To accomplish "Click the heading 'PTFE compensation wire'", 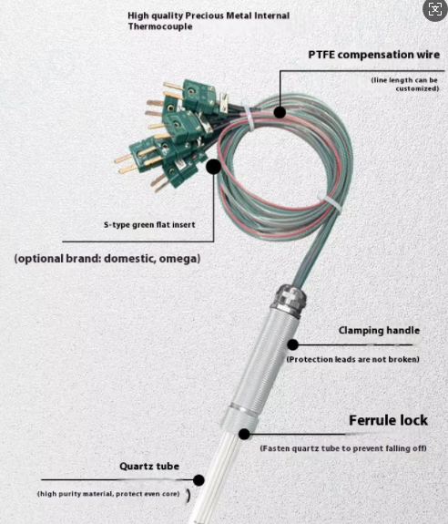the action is click(x=374, y=55).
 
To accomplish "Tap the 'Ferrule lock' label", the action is click(x=388, y=420).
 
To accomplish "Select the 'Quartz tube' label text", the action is click(x=149, y=467).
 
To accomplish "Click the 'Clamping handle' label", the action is click(x=379, y=330).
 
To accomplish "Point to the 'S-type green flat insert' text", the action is click(x=149, y=224).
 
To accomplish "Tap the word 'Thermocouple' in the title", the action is click(x=160, y=26).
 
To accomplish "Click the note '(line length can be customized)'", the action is click(x=405, y=84).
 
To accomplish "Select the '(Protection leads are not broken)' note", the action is click(x=353, y=359).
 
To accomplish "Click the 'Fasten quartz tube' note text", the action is click(x=343, y=448).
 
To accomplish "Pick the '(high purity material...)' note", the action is click(x=108, y=494).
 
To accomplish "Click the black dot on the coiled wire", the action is click(x=280, y=112).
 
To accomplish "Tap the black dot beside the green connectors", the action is click(x=213, y=167).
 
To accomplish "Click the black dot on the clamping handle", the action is click(x=293, y=344).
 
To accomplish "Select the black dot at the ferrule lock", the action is click(x=244, y=434).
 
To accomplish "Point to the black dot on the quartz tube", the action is click(x=199, y=480).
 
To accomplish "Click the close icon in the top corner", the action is click(x=435, y=9).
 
